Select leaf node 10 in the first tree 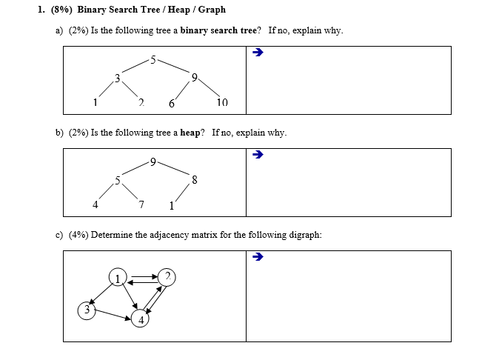(223, 103)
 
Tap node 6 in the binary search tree (171, 104)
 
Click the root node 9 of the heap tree (152, 161)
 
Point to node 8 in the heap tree (194, 179)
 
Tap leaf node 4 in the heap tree (95, 204)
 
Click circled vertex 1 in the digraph (117, 278)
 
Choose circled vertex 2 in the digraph (168, 277)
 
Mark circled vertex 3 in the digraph (87, 310)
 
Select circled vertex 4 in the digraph (140, 320)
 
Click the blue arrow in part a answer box (258, 53)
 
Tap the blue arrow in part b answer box (258, 155)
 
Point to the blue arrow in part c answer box (258, 257)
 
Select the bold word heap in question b (190, 133)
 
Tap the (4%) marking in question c (78, 235)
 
